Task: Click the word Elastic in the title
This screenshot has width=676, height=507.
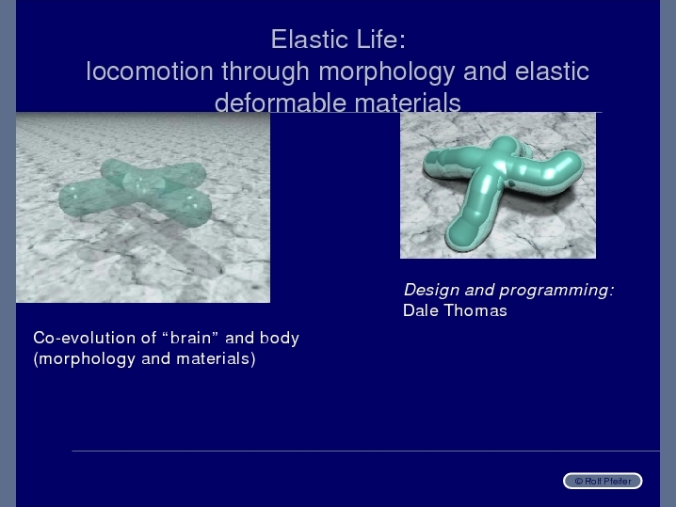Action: coord(310,40)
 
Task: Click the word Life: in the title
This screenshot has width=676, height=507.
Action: coord(381,40)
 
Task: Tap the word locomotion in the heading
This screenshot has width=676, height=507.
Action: coord(150,71)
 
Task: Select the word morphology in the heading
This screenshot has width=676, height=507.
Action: coord(387,71)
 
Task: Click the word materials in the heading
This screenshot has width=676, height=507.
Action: coord(408,103)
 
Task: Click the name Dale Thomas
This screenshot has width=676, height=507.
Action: coord(455,310)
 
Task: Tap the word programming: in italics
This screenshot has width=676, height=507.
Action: coord(556,291)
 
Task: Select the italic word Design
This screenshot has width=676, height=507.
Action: coord(431,290)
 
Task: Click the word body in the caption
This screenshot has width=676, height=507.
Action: coord(280,338)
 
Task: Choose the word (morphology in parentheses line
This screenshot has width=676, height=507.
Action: coord(84,358)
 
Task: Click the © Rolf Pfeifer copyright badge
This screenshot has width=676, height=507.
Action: coord(603,481)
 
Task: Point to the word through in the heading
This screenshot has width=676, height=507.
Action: coord(266,71)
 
